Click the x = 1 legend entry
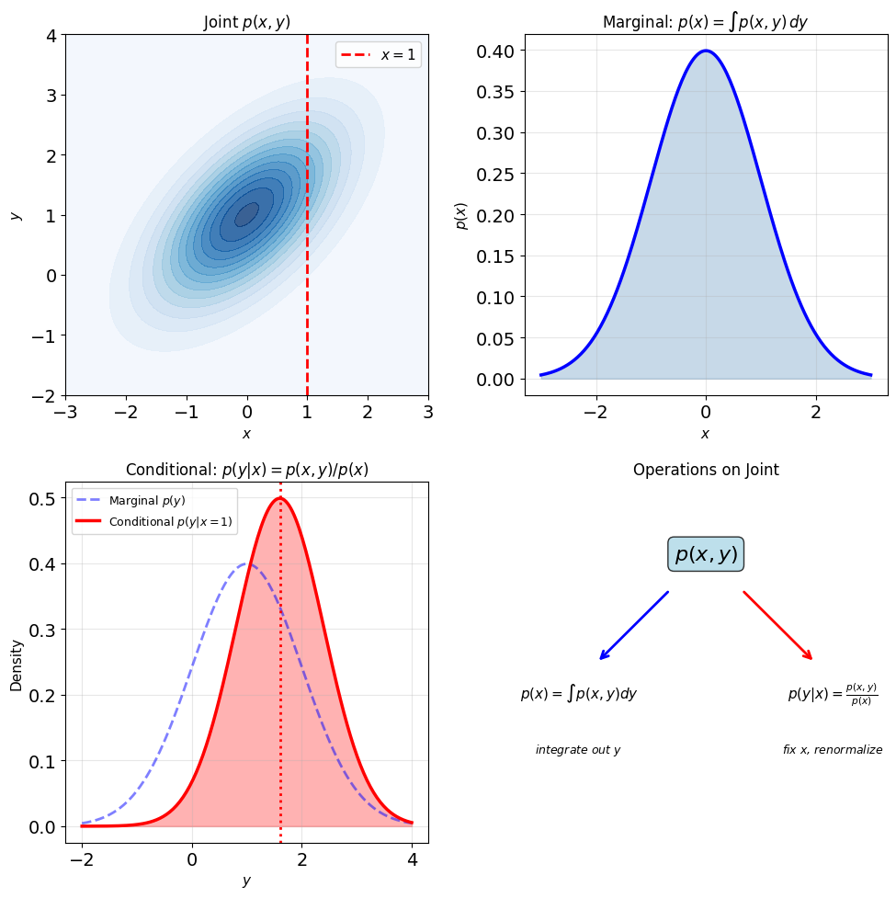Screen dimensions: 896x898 tap(378, 55)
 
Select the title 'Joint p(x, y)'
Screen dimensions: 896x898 tap(247, 22)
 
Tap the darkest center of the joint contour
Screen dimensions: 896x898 tap(247, 214)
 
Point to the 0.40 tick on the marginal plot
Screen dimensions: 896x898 tap(495, 51)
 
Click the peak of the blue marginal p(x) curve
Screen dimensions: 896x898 tap(706, 51)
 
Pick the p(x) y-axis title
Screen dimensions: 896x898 tap(461, 216)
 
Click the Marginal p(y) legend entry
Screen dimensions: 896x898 tap(130, 501)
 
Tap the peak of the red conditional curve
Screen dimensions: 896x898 tap(280, 498)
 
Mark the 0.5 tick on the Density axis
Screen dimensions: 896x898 tap(42, 499)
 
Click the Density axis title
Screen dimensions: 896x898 tap(16, 665)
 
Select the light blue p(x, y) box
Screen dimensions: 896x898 tap(706, 554)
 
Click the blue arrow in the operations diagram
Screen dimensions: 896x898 tap(634, 625)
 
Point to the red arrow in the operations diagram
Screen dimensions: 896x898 tap(777, 625)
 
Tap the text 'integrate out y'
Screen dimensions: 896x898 tap(578, 750)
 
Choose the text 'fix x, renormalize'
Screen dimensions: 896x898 tap(833, 750)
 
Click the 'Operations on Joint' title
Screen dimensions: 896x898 tap(706, 470)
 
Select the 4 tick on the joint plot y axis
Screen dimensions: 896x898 tap(52, 36)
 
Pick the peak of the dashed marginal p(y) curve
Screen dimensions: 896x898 tap(247, 564)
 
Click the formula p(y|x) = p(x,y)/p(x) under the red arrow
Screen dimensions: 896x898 tap(833, 694)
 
